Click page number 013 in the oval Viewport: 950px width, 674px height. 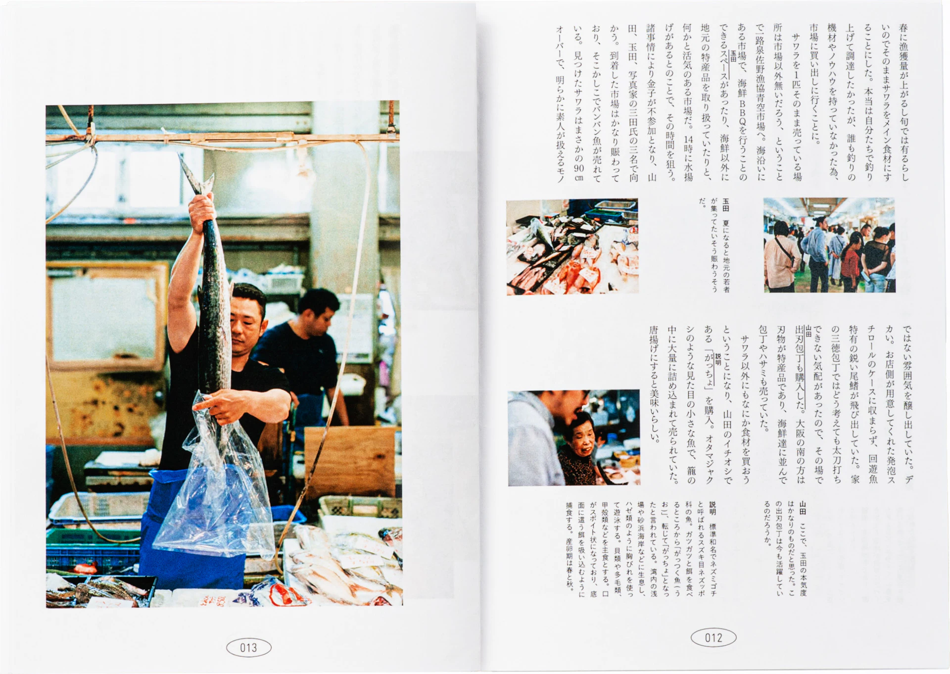pos(248,647)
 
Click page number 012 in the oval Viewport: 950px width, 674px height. pos(713,637)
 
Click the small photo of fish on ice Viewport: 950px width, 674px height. pos(572,246)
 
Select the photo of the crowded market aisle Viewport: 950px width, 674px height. pos(829,245)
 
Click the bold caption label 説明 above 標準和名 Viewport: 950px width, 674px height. pos(712,508)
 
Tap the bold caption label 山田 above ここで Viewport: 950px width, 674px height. pos(803,508)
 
